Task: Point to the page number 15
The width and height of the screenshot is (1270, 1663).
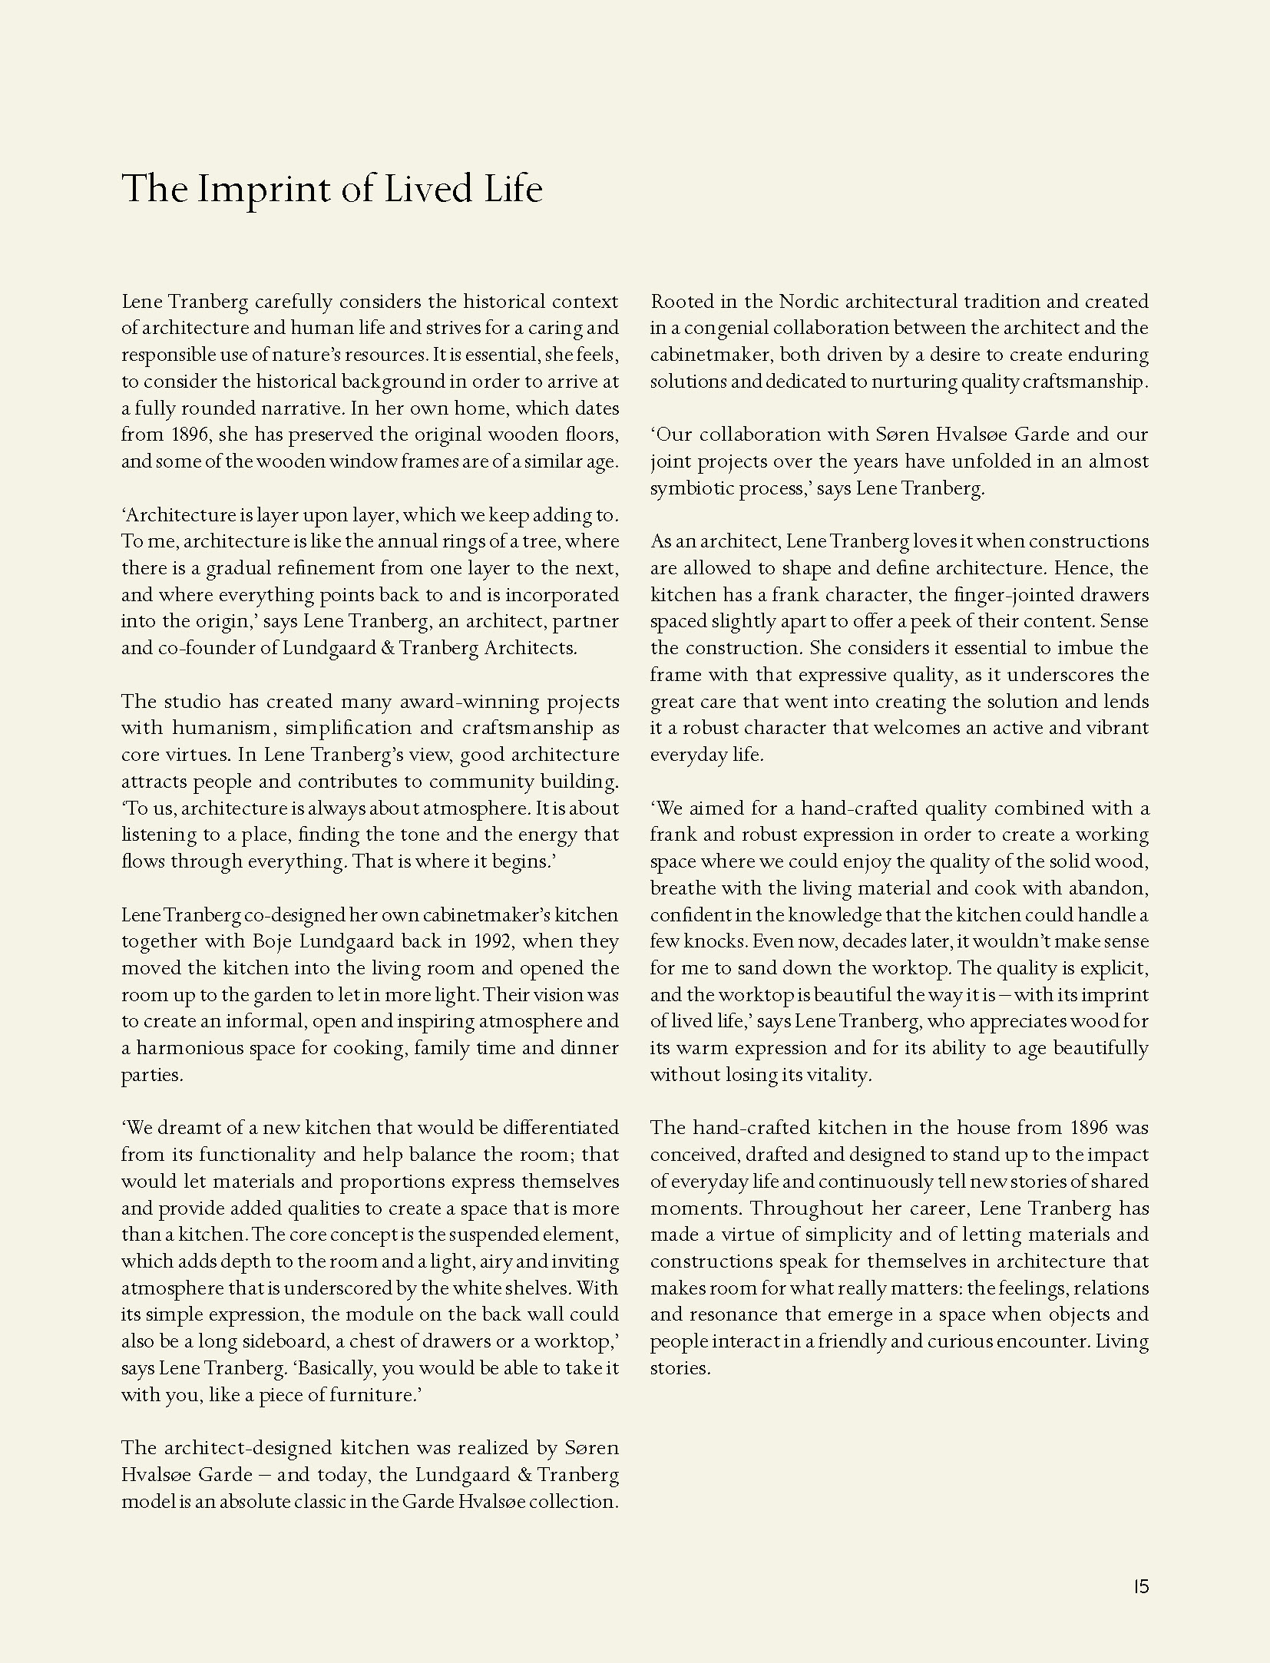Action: (x=1140, y=1587)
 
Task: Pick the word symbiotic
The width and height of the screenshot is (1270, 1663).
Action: (x=691, y=488)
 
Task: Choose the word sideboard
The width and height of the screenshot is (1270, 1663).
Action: (x=283, y=1341)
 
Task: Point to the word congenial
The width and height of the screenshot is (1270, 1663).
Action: (x=726, y=329)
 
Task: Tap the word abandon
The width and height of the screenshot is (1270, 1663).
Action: (x=1110, y=888)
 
